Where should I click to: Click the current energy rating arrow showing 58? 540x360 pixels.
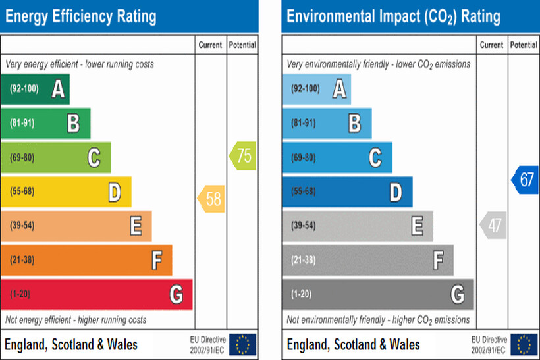[x=211, y=199]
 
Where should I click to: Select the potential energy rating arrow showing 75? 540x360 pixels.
[x=242, y=157]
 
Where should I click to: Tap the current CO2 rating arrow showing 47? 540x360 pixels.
[x=493, y=225]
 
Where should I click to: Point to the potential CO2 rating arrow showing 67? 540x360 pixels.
[x=524, y=180]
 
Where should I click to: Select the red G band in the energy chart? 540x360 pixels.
[x=96, y=294]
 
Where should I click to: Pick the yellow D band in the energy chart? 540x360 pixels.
[x=66, y=192]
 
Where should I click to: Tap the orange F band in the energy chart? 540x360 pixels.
[x=86, y=260]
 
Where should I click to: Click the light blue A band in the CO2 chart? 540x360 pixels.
[x=316, y=89]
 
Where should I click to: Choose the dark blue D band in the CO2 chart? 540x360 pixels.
[x=347, y=192]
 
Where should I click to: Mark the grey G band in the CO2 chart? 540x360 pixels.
[x=377, y=294]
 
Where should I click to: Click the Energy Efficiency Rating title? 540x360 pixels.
[x=81, y=16]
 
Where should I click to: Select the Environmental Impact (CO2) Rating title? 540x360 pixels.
[x=393, y=16]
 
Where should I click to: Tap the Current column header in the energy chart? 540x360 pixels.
[x=211, y=45]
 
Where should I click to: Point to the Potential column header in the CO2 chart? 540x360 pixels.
[x=524, y=45]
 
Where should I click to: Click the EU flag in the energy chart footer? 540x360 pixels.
[x=242, y=344]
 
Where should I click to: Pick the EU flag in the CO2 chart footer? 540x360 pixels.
[x=524, y=344]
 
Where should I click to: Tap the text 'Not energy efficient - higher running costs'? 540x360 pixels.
[x=76, y=320]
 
